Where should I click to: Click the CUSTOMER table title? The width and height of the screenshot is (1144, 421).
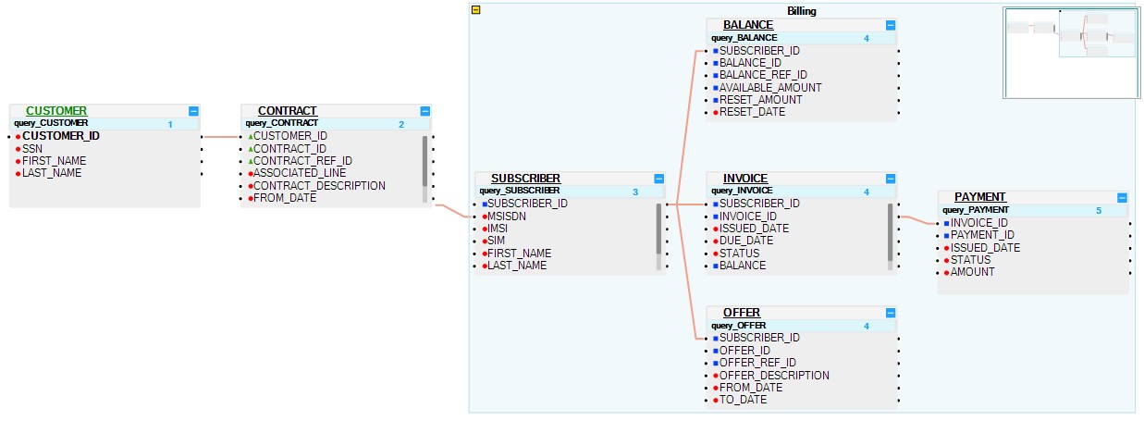[x=56, y=111]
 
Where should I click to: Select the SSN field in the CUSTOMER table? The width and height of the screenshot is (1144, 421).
[x=34, y=148]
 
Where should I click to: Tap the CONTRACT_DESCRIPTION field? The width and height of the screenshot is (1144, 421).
[x=319, y=185]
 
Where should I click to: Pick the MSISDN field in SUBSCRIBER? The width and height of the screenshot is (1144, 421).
[x=507, y=216]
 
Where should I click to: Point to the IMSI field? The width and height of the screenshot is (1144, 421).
[x=498, y=228]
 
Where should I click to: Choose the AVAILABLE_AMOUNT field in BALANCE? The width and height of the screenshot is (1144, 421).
[x=769, y=88]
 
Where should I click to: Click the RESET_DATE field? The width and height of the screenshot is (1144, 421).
[x=752, y=112]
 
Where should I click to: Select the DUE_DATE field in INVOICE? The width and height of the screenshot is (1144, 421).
[x=746, y=241]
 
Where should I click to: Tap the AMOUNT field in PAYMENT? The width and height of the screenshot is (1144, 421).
[x=973, y=272]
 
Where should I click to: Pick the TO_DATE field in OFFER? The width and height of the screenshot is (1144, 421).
[x=744, y=401]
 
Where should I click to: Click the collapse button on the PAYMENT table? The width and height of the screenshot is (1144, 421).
[x=1122, y=197]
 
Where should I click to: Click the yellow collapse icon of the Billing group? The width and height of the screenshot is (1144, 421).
[x=475, y=10]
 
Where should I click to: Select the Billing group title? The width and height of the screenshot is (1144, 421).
[x=802, y=10]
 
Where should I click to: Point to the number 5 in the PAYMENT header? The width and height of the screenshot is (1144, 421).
[x=1099, y=210]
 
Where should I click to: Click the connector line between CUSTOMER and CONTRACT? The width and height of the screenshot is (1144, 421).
[x=221, y=137]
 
